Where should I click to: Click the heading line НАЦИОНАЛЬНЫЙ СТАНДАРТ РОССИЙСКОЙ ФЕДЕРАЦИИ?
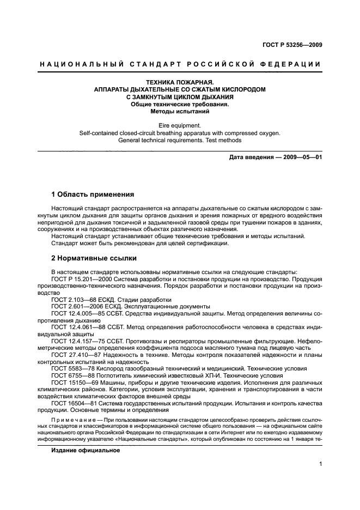(x=180, y=65)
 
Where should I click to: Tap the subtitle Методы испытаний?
(x=180, y=111)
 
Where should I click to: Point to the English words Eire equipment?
(x=180, y=125)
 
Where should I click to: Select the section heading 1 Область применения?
(x=93, y=195)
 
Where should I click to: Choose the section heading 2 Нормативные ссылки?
(x=94, y=258)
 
